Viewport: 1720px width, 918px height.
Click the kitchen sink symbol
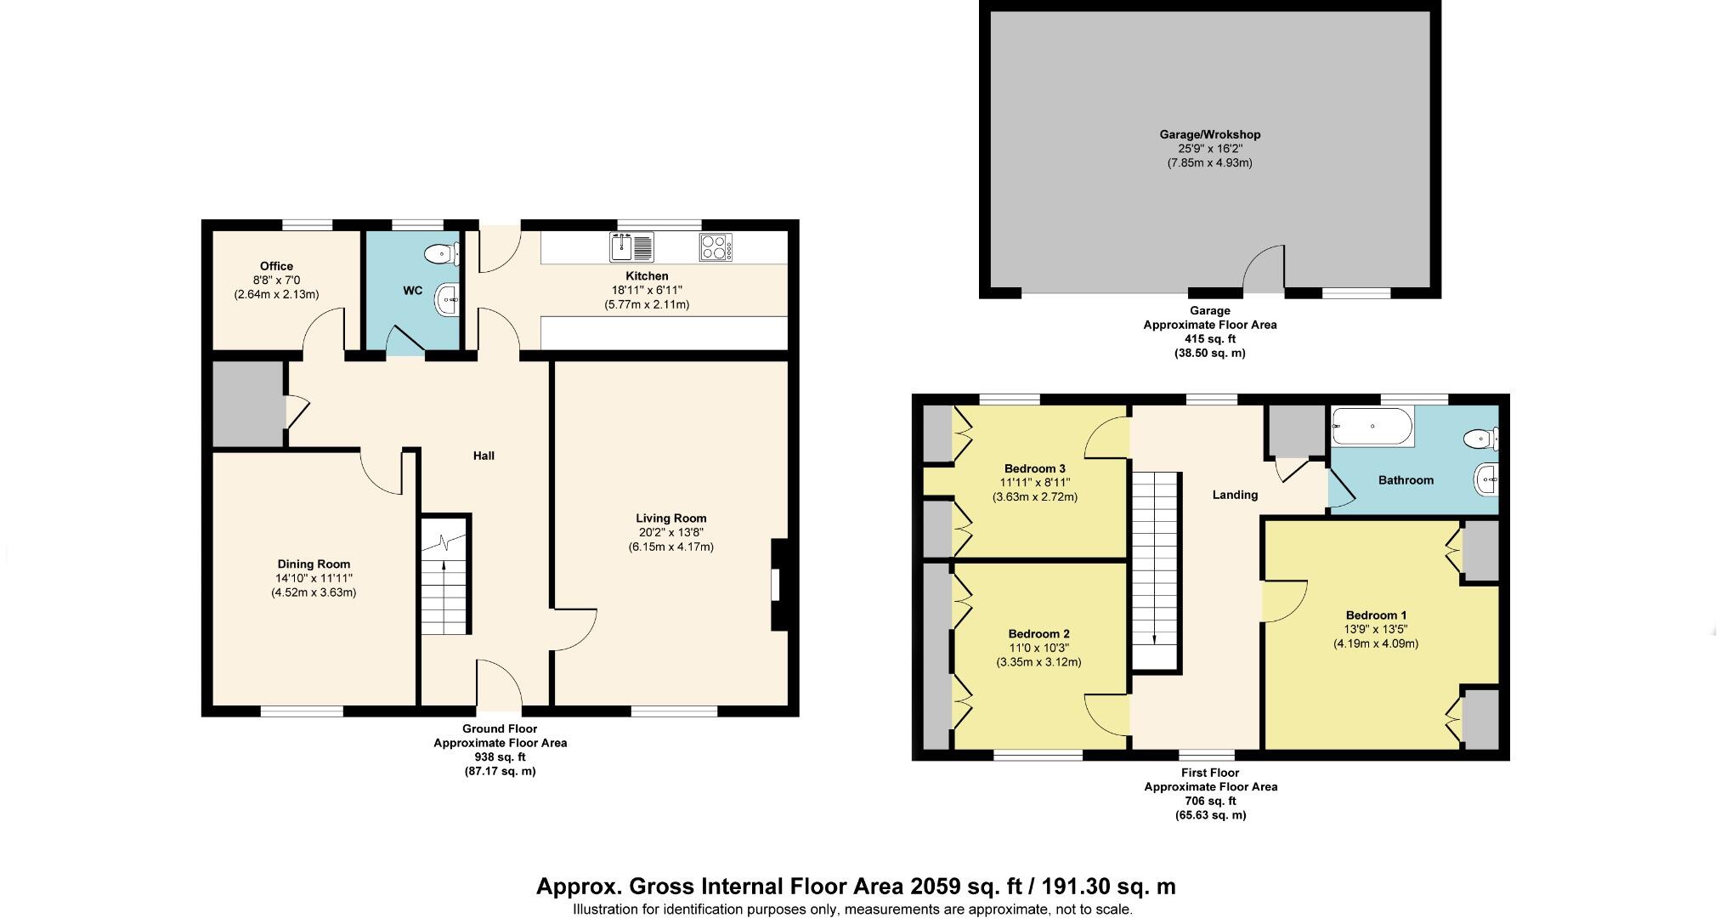click(631, 247)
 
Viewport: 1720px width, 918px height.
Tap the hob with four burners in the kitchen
click(716, 247)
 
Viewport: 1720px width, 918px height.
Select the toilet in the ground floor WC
click(442, 253)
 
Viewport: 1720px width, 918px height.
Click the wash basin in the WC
click(448, 299)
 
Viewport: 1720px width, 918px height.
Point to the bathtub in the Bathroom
click(1372, 426)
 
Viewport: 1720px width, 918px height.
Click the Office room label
click(276, 266)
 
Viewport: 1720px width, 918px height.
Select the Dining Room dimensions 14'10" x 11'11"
click(314, 578)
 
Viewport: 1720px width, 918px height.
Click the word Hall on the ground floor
click(484, 456)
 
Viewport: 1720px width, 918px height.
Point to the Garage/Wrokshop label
click(1210, 134)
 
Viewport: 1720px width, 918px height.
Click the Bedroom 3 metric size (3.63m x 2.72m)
click(1035, 497)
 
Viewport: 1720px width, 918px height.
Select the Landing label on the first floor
click(1235, 495)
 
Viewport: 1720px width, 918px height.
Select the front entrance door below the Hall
click(499, 684)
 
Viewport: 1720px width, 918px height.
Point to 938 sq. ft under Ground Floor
click(500, 756)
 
